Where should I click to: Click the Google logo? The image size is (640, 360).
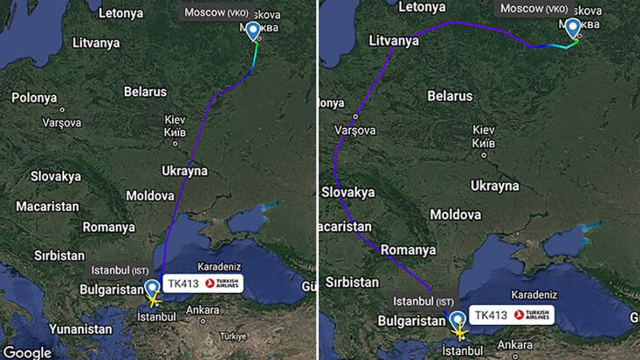(27, 352)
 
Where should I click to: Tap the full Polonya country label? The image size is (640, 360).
(34, 97)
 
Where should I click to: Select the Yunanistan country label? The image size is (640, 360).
(80, 329)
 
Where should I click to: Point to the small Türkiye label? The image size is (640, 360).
(233, 336)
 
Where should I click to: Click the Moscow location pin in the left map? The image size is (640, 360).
(253, 31)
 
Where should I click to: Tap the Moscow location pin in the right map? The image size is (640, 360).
(573, 27)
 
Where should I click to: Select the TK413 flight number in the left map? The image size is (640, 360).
(182, 283)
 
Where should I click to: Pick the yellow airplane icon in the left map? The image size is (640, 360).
(154, 301)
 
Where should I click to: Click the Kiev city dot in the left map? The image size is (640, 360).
(175, 143)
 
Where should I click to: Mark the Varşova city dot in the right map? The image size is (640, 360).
(355, 116)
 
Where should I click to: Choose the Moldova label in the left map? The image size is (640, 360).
(150, 195)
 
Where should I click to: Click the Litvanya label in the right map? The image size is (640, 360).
(394, 40)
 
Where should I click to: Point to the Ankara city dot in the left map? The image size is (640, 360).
(202, 321)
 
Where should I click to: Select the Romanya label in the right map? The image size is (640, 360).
(408, 249)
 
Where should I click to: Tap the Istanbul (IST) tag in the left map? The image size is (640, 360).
(119, 270)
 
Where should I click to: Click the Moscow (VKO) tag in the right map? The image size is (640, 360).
(534, 8)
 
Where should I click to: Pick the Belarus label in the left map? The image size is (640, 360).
(145, 92)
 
